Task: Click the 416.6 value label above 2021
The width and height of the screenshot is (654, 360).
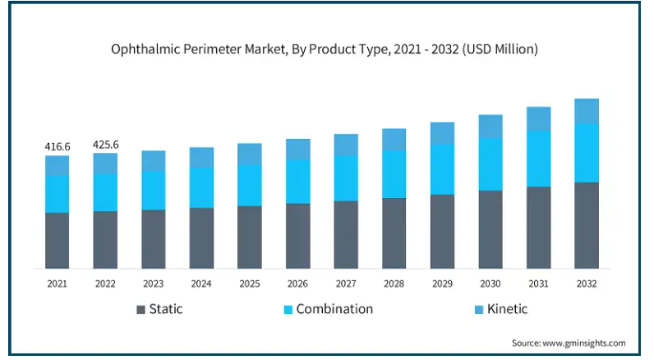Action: pos(58,146)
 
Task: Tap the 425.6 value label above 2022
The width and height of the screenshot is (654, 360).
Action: pos(105,145)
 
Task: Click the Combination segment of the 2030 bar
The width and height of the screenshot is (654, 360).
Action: pos(490,164)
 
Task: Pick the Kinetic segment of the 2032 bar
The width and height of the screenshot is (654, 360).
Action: pos(587,111)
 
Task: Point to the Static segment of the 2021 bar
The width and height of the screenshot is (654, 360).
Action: pos(58,240)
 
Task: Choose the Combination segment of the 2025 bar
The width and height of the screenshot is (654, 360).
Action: pos(250,185)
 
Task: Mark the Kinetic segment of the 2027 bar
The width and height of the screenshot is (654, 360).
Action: pos(346,145)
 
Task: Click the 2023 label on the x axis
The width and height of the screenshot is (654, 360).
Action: pos(154,284)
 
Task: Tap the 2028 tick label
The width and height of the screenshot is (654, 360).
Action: pos(394,284)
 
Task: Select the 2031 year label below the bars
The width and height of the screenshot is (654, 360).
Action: pos(538,284)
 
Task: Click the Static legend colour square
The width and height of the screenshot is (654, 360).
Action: pos(141,310)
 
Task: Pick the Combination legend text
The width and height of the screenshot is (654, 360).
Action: pos(334,309)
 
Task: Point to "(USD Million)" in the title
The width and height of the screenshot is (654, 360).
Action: pos(500,49)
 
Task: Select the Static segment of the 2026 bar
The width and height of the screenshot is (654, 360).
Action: pos(297,235)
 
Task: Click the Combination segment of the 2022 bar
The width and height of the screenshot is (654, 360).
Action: pos(105,192)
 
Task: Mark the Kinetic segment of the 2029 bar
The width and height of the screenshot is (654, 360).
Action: pos(442,133)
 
